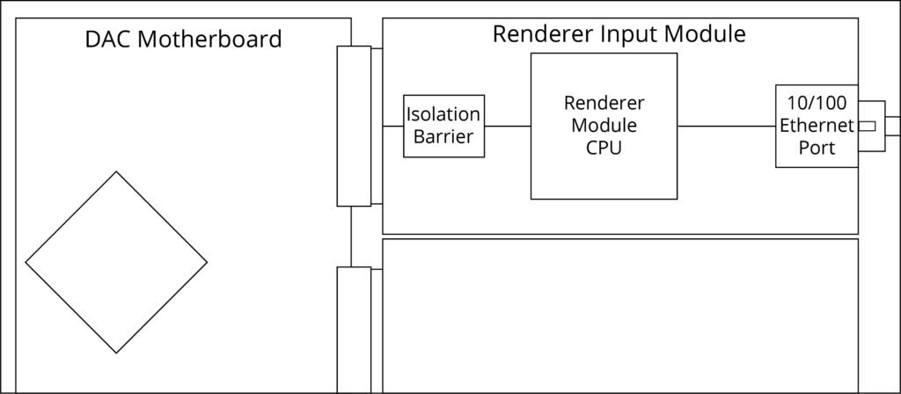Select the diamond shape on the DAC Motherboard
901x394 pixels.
pos(116,262)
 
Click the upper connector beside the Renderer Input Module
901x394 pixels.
pos(354,126)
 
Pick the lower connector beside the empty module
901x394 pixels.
pos(354,330)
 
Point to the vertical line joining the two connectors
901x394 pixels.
pos(351,237)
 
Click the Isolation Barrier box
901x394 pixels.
pos(443,126)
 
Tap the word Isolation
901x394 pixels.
pos(443,114)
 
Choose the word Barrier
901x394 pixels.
pos(443,137)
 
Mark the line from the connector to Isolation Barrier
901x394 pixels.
pos(392,127)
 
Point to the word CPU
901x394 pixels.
pos(604,148)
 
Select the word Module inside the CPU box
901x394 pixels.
pos(604,126)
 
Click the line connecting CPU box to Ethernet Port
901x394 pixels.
pos(726,127)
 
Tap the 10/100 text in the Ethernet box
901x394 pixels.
pos(817,102)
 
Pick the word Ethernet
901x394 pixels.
pos(817,126)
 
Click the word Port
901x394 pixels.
pos(817,149)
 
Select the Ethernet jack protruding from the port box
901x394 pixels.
pos(871,126)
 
